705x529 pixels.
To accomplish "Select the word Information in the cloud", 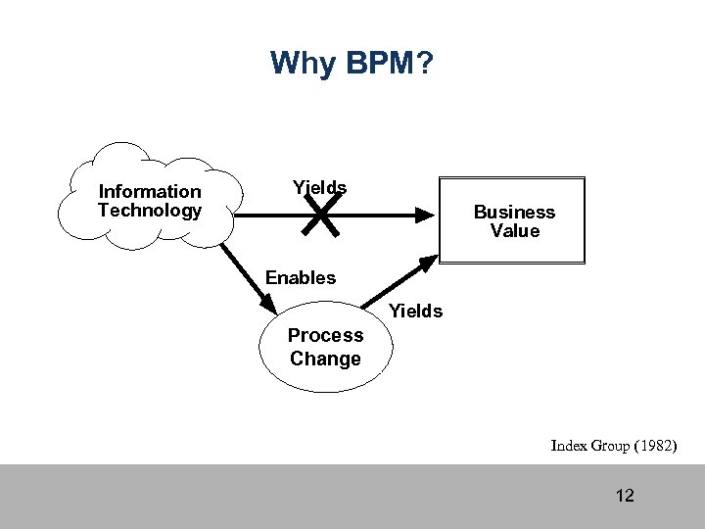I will (150, 192).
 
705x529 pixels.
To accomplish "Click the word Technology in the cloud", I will (150, 211).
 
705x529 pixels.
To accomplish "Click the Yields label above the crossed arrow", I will (319, 187).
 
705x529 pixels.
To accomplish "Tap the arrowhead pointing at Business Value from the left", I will (423, 215).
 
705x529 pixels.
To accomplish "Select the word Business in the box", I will (514, 213).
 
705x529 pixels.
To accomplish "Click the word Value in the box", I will (515, 231).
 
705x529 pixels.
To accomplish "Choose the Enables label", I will (301, 278).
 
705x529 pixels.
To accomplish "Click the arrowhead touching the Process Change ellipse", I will (269, 305).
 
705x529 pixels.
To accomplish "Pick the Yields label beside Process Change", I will (416, 312).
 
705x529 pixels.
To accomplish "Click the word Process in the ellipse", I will (325, 336).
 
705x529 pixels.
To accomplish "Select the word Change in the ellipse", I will (325, 360).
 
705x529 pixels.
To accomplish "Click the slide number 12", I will (625, 496).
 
